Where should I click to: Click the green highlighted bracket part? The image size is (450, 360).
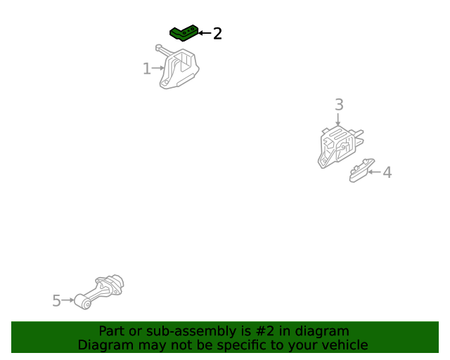pyautogui.click(x=184, y=34)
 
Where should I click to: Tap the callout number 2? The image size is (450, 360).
pyautogui.click(x=217, y=34)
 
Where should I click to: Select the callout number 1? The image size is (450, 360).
pyautogui.click(x=147, y=69)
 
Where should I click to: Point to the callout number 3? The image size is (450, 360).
pyautogui.click(x=339, y=105)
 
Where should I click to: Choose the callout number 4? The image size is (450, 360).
pyautogui.click(x=387, y=172)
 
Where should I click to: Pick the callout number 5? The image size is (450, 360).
pyautogui.click(x=56, y=300)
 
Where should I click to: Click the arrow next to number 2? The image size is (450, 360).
pyautogui.click(x=205, y=33)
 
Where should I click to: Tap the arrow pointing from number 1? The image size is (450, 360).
pyautogui.click(x=158, y=68)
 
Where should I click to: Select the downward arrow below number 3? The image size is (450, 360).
pyautogui.click(x=338, y=120)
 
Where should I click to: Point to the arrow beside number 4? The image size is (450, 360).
pyautogui.click(x=374, y=172)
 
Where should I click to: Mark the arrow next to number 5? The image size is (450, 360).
pyautogui.click(x=68, y=300)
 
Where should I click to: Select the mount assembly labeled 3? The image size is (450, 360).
pyautogui.click(x=340, y=146)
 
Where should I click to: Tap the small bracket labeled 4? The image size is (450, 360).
pyautogui.click(x=361, y=171)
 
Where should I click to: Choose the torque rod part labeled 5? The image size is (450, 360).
pyautogui.click(x=99, y=292)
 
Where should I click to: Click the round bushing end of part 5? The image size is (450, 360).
pyautogui.click(x=83, y=302)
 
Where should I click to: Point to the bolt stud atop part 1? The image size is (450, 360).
pyautogui.click(x=164, y=50)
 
